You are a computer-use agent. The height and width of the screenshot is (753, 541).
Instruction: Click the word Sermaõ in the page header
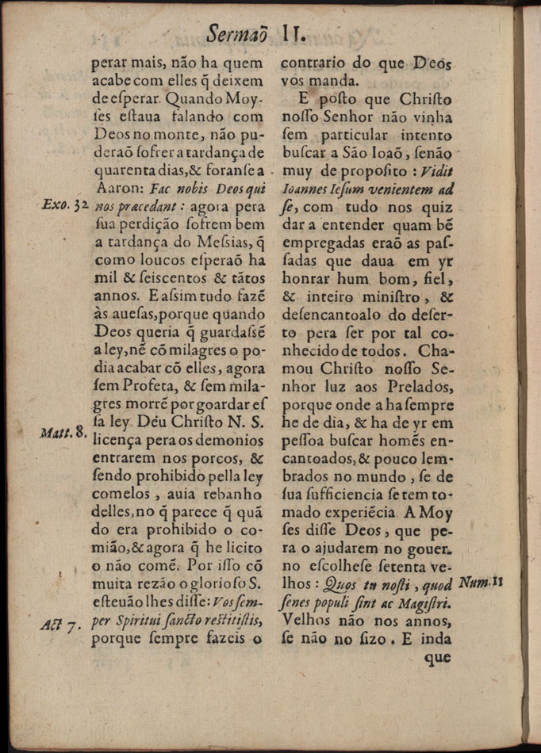[239, 34]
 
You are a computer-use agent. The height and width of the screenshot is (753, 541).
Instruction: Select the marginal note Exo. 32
[65, 206]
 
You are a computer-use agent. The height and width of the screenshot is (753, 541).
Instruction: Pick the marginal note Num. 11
[482, 584]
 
